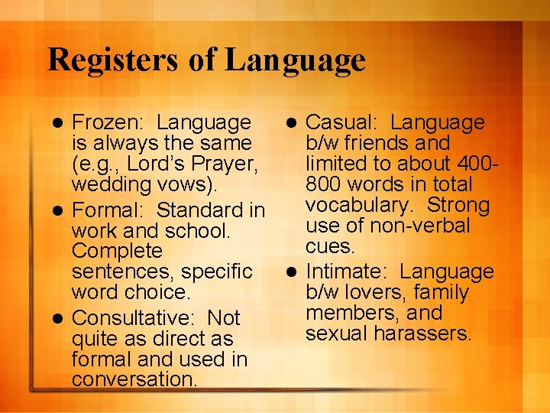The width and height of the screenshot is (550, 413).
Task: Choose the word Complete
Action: click(117, 251)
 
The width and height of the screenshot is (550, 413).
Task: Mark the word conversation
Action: click(134, 380)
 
